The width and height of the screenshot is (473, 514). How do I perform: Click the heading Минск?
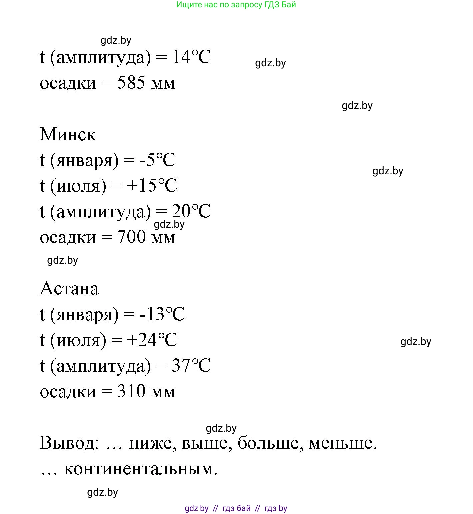[68, 134]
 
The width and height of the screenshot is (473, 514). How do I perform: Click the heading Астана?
[69, 288]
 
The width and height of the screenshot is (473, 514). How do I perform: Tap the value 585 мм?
[146, 83]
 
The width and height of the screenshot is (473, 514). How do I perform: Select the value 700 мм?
[146, 237]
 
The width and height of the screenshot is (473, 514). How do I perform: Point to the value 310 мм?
[146, 391]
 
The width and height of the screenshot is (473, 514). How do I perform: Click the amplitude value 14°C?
[191, 57]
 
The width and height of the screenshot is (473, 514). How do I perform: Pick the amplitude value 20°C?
[191, 211]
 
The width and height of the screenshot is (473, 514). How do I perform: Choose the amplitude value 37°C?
[191, 366]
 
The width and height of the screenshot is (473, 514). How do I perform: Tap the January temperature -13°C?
[162, 314]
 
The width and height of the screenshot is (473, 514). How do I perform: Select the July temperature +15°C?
[152, 186]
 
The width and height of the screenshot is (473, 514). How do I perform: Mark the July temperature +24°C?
[152, 340]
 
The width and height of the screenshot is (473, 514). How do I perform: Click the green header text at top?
[236, 5]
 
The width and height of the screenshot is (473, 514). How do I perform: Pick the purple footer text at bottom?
[236, 508]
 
